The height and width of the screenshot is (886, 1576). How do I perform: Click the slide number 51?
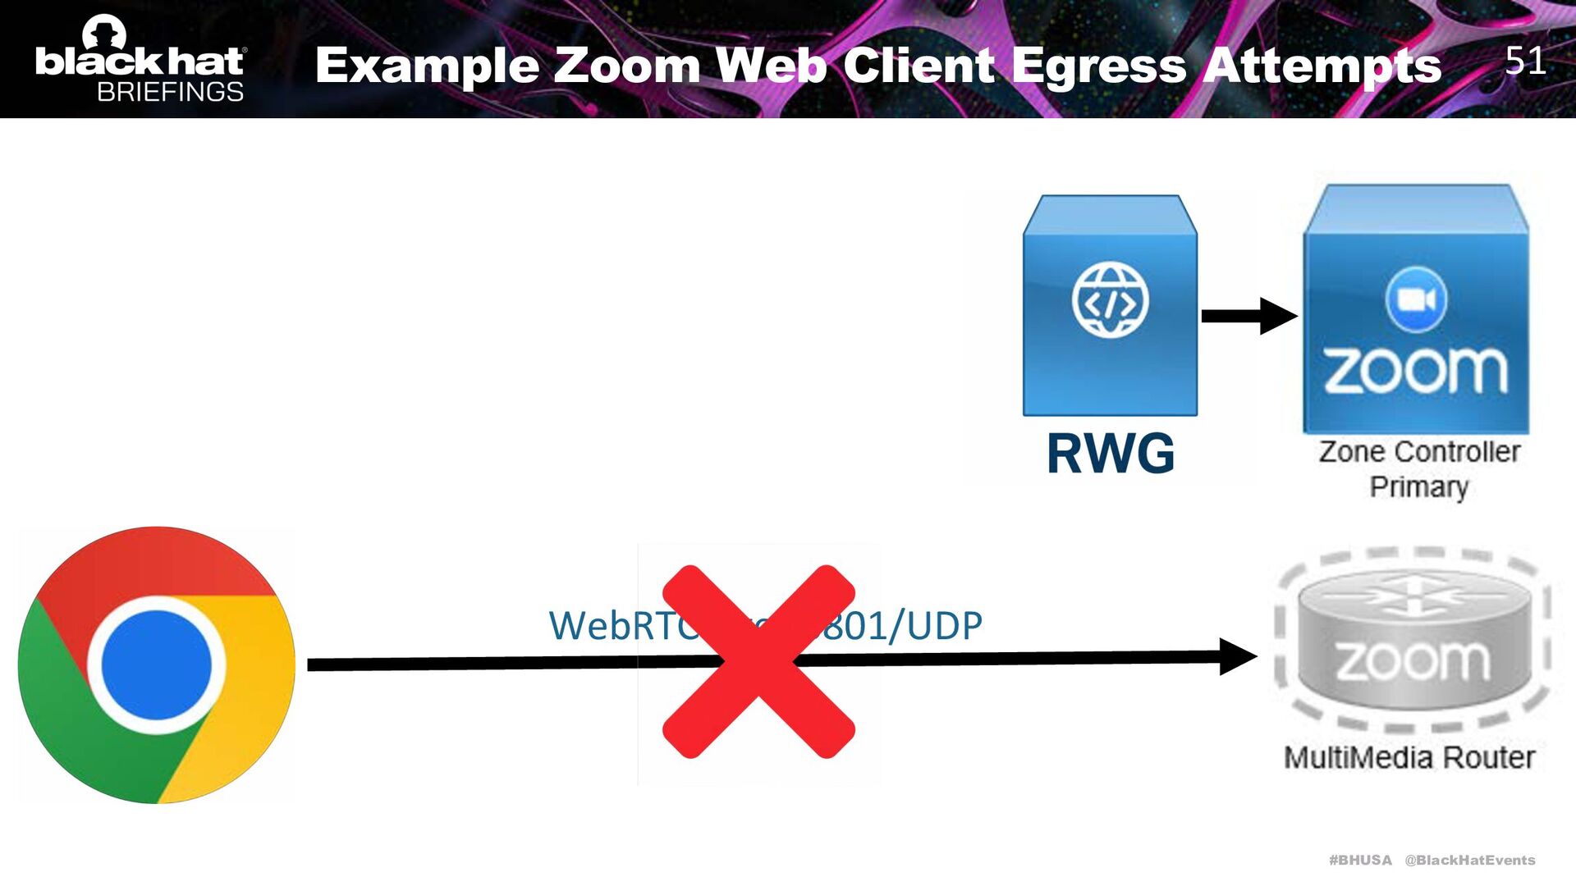pyautogui.click(x=1525, y=61)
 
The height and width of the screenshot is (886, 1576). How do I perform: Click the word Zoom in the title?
pyautogui.click(x=626, y=66)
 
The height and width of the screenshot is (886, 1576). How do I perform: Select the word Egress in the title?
pyautogui.click(x=1098, y=66)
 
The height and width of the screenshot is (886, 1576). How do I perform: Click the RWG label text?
pyautogui.click(x=1110, y=454)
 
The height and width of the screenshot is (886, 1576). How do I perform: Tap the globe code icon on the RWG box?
pyautogui.click(x=1110, y=300)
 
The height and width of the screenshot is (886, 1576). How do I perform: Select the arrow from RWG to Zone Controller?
pyautogui.click(x=1248, y=316)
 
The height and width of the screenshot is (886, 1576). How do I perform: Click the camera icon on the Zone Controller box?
pyautogui.click(x=1416, y=299)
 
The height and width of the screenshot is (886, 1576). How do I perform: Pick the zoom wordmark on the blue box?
pyautogui.click(x=1416, y=371)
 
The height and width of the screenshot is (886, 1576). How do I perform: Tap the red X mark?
pyautogui.click(x=758, y=661)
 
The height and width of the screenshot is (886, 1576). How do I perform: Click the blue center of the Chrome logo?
pyautogui.click(x=156, y=664)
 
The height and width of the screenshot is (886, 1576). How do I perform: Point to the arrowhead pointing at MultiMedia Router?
pyautogui.click(x=1238, y=656)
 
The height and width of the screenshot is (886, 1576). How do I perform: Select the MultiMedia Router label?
pyautogui.click(x=1409, y=757)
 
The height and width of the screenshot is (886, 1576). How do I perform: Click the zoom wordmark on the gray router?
pyautogui.click(x=1412, y=661)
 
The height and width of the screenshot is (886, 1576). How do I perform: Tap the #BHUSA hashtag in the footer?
pyautogui.click(x=1360, y=860)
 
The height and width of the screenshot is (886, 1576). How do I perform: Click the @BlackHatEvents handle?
pyautogui.click(x=1469, y=860)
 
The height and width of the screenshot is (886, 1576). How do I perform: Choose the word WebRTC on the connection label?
pyautogui.click(x=621, y=626)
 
